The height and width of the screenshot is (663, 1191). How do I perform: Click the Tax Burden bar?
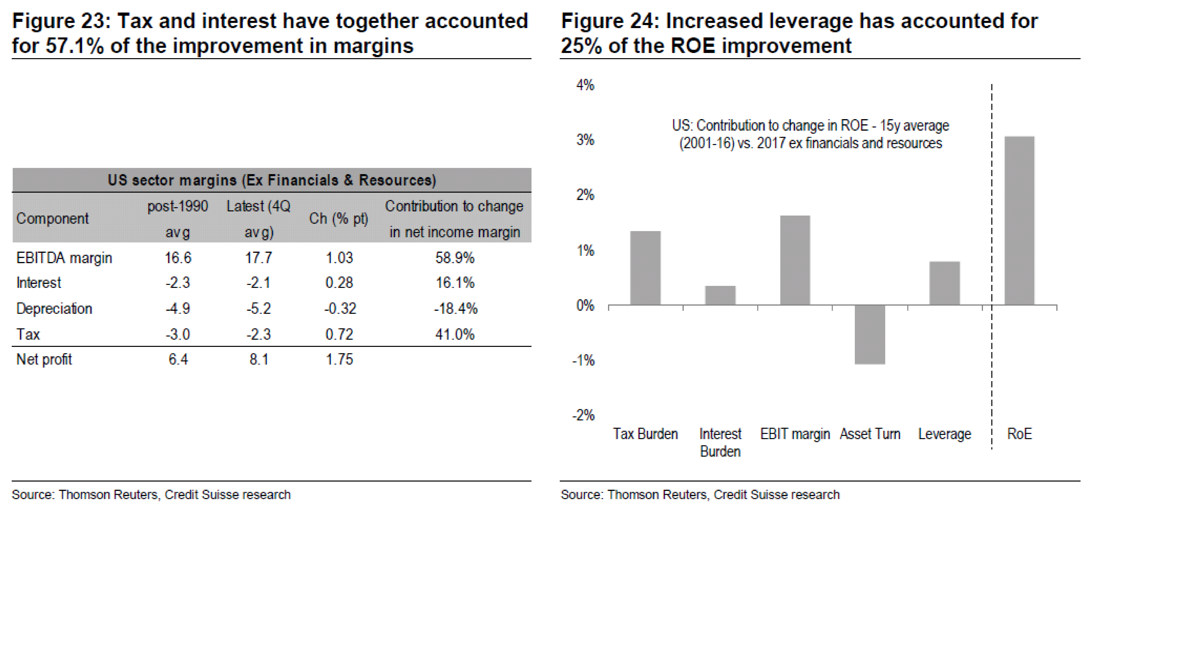[x=645, y=268]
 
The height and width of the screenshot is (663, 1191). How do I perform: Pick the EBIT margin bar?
[x=795, y=260]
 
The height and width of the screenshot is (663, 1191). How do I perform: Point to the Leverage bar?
[x=945, y=283]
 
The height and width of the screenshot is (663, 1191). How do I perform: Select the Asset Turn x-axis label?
[x=870, y=434]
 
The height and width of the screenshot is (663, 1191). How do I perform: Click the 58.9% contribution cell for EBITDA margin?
[x=454, y=258]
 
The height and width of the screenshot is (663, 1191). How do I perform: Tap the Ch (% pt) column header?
[x=339, y=219]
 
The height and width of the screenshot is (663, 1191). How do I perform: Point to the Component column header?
[x=52, y=219]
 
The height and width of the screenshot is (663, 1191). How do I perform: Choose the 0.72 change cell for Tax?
[x=339, y=334]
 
